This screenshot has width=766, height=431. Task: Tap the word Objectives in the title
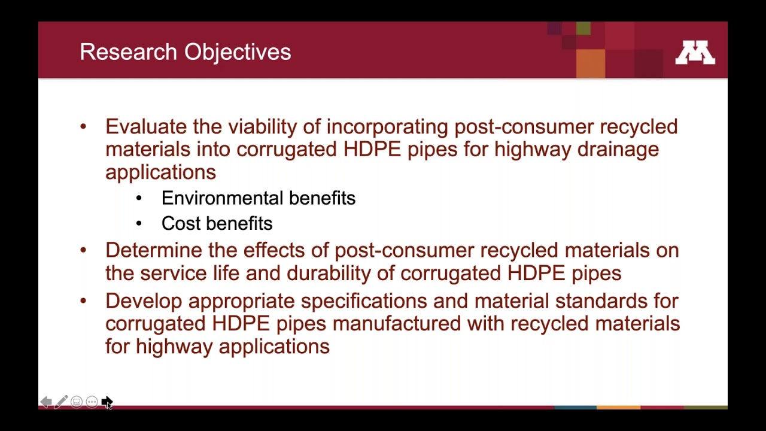[x=238, y=52]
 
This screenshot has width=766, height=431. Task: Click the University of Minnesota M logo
[x=695, y=53]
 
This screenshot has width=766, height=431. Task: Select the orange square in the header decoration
[x=590, y=63]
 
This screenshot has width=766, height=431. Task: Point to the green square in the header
[x=583, y=28]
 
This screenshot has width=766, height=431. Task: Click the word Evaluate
[x=146, y=127]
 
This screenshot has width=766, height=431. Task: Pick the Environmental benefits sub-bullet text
[x=258, y=198]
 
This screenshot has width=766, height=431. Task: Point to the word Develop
[x=143, y=301]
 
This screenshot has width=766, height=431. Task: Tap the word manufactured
[x=396, y=324]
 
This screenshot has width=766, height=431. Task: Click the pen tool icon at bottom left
[x=61, y=402]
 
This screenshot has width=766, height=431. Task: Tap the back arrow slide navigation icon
[x=45, y=402]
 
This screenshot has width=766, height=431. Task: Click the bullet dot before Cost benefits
[x=139, y=223]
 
